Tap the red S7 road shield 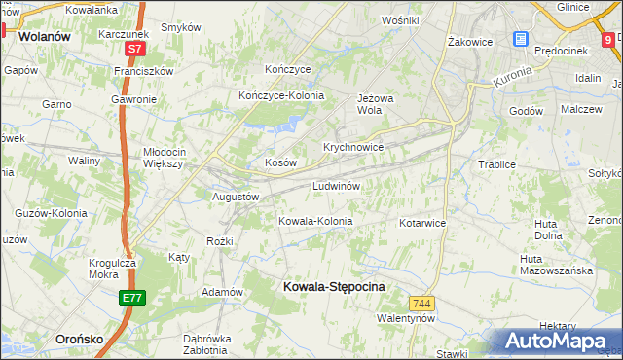134,48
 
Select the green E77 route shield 133,298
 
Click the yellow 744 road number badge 421,304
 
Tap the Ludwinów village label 337,185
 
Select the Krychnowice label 352,147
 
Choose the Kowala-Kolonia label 315,221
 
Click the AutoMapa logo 561,342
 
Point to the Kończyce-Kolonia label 281,95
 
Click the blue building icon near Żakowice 521,40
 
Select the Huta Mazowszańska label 556,265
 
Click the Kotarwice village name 422,223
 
